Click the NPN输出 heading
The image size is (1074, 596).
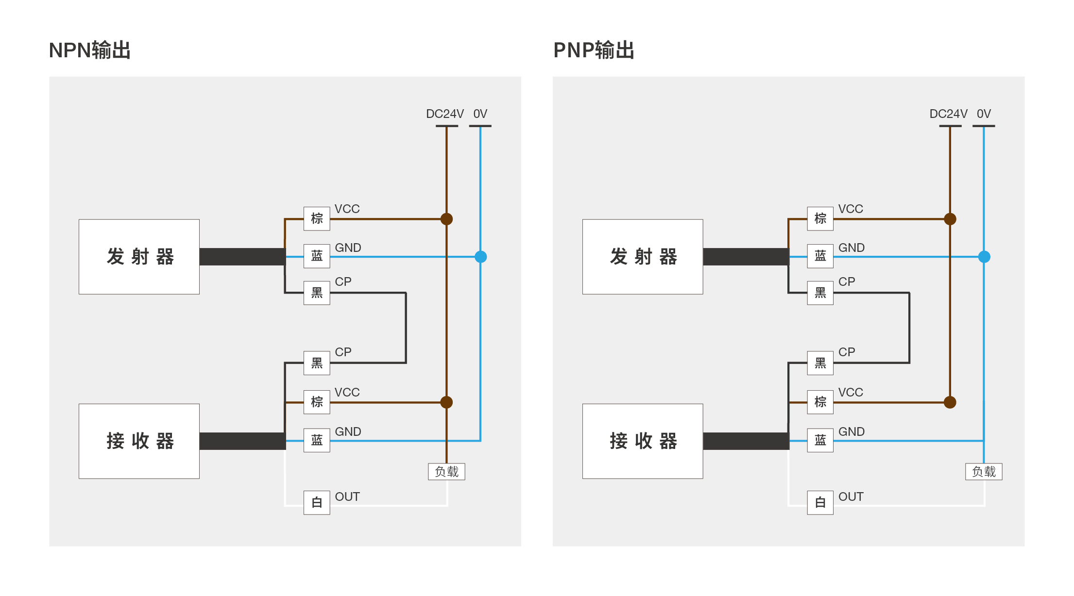coord(90,50)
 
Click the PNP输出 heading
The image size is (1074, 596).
coord(594,50)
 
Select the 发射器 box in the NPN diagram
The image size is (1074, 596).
coord(139,257)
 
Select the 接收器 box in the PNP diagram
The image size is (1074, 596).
coord(643,441)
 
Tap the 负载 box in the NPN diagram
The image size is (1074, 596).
coord(446,472)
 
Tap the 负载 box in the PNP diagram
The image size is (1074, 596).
coord(984,472)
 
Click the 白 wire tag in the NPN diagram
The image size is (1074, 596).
coord(317,503)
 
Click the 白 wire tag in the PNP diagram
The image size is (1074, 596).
coord(820,503)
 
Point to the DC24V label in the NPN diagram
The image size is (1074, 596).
coord(444,114)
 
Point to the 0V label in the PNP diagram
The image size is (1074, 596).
coord(984,114)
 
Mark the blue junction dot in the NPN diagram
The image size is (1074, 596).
coord(480,257)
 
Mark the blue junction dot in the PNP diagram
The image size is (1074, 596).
coord(984,257)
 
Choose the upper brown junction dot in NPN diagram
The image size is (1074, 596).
coord(446,219)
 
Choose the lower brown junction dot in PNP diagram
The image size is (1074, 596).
coord(950,402)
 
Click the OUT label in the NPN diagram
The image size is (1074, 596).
coord(347,497)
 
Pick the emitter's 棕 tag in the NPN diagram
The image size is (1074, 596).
coord(317,218)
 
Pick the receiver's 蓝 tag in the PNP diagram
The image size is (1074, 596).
coord(820,440)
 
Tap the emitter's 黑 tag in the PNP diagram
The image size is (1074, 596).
coord(820,293)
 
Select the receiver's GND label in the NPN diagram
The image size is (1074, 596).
coord(348,432)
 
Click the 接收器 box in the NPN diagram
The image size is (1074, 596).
coord(139,441)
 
